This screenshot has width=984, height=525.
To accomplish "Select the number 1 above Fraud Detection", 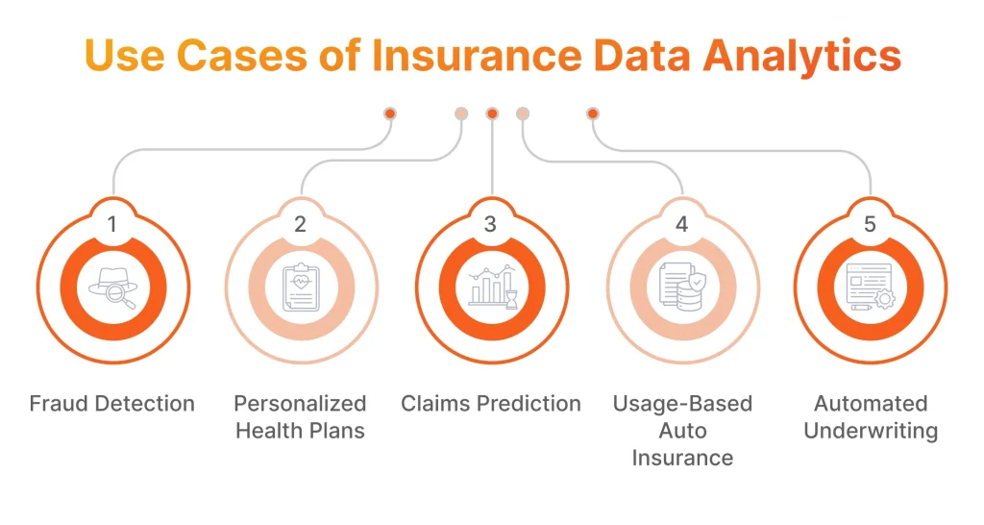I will point(112,225).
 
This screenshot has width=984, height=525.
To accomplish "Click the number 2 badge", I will point(301,225).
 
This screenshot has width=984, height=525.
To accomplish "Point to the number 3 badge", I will point(491,225).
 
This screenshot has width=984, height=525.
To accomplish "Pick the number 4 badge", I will point(682,225).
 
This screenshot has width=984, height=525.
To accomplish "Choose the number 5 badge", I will point(871,225).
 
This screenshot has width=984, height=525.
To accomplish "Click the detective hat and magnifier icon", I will point(112,287).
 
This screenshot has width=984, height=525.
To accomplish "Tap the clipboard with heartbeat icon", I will point(301,287).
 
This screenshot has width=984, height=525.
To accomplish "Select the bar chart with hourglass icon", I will point(491,287).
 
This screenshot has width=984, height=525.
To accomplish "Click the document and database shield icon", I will point(682,287).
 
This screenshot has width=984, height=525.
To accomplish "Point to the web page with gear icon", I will point(871,287).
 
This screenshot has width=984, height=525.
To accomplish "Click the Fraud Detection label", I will point(112,404).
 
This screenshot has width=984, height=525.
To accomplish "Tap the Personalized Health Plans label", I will point(301,417).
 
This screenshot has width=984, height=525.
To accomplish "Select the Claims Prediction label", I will point(491,404).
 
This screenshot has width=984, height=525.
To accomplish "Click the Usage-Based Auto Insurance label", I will point(682,431).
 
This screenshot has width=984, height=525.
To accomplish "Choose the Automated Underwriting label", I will point(871,417).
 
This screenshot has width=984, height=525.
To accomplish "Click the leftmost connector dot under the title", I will point(390,113).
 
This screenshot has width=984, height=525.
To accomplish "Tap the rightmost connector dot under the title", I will point(593,113).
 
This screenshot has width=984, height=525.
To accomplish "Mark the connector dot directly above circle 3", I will point(492,113).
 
